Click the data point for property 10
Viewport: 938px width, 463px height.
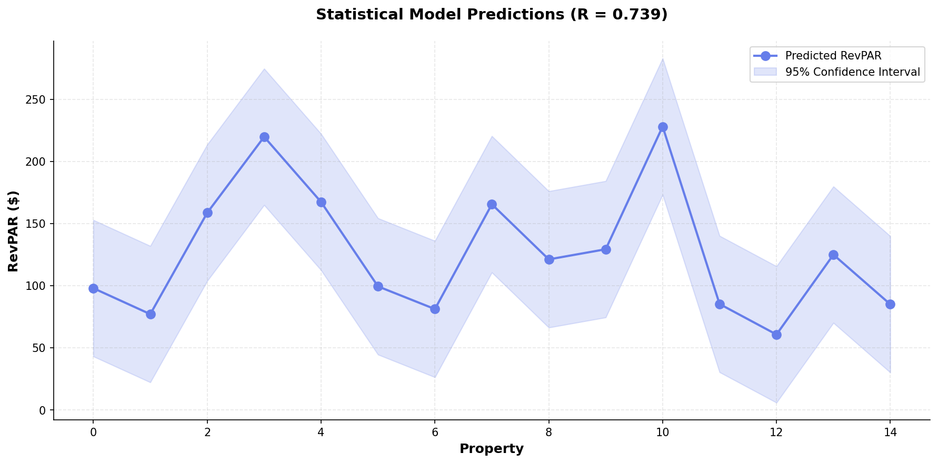[662, 127]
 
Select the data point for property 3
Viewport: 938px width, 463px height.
[264, 137]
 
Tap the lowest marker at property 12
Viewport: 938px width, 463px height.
[776, 335]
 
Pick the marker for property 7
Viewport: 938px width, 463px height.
[492, 204]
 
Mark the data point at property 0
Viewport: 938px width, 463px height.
[93, 288]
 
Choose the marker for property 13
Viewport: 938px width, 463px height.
[833, 255]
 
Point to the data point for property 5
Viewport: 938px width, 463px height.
[378, 286]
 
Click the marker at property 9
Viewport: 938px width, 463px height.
[606, 249]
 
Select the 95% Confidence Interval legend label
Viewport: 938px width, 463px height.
[852, 72]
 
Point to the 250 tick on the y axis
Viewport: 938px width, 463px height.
[38, 100]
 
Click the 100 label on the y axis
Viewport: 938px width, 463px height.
[38, 286]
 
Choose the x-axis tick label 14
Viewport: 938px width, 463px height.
[890, 432]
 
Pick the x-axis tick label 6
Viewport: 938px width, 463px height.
[435, 432]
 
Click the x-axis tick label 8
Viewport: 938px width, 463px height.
[548, 432]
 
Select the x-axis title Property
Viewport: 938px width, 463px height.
[491, 449]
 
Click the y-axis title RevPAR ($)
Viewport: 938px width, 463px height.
[14, 231]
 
